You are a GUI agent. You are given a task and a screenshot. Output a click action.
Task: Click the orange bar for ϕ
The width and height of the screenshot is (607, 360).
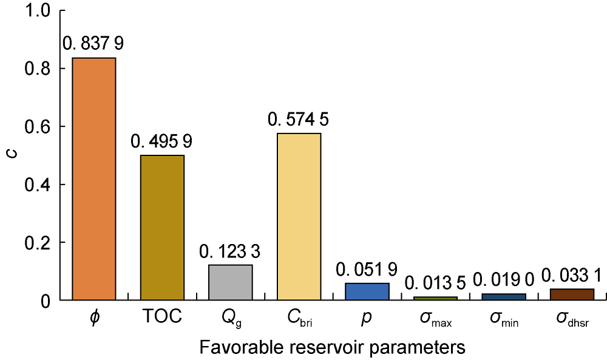pyautogui.click(x=93, y=178)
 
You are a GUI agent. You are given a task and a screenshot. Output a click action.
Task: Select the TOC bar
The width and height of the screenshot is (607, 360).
pyautogui.click(x=161, y=228)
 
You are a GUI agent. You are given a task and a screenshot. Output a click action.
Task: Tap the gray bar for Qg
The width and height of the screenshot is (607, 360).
pyautogui.click(x=230, y=282)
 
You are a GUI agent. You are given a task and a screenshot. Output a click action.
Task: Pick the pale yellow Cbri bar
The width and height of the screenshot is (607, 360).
pyautogui.click(x=298, y=216)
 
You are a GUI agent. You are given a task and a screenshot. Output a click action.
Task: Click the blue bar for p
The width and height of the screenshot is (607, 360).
pyautogui.click(x=367, y=291)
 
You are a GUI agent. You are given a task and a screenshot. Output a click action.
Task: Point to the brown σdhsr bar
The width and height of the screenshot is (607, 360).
pyautogui.click(x=571, y=294)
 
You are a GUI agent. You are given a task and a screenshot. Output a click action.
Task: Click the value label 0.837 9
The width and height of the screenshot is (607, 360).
pyautogui.click(x=93, y=43)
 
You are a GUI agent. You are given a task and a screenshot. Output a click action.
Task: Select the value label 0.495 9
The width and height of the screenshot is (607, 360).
pyautogui.click(x=161, y=141)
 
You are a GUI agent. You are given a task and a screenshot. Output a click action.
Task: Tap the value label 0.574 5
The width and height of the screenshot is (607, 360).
pyautogui.click(x=298, y=119)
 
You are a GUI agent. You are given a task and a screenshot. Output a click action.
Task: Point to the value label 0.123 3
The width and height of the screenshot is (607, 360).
pyautogui.click(x=230, y=251)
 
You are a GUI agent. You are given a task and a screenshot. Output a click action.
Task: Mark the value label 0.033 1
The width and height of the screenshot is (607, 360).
pyautogui.click(x=571, y=275)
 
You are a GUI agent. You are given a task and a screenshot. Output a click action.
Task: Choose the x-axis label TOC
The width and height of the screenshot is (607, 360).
pyautogui.click(x=161, y=317)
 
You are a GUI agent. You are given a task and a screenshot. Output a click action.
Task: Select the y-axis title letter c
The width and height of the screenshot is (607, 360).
pyautogui.click(x=12, y=155)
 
